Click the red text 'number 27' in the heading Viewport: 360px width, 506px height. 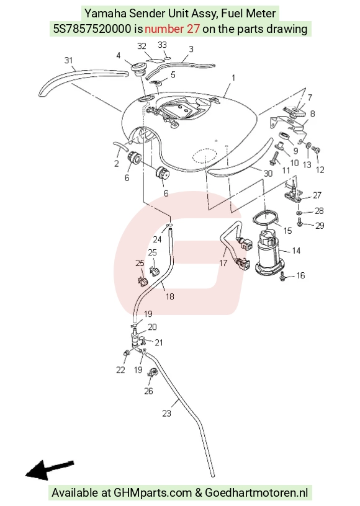point(172,29)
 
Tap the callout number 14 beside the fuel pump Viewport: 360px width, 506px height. point(295,251)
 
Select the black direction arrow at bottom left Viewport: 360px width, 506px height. point(50,469)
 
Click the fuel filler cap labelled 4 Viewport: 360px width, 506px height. point(138,68)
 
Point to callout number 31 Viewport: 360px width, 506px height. point(68,60)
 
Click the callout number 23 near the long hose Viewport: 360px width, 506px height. point(166,414)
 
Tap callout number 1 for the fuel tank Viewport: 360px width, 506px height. point(233,78)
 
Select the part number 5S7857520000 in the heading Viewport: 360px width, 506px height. point(92,29)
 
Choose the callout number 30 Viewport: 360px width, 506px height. point(268,173)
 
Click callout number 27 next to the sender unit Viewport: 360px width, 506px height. point(317,195)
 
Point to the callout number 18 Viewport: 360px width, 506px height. point(170,296)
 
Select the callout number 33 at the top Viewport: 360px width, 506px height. point(162,45)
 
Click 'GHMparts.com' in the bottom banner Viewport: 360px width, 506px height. point(153,493)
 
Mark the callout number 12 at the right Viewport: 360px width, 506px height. point(320,169)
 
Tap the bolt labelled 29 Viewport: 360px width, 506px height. point(300,223)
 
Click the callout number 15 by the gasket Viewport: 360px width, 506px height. point(287,231)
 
